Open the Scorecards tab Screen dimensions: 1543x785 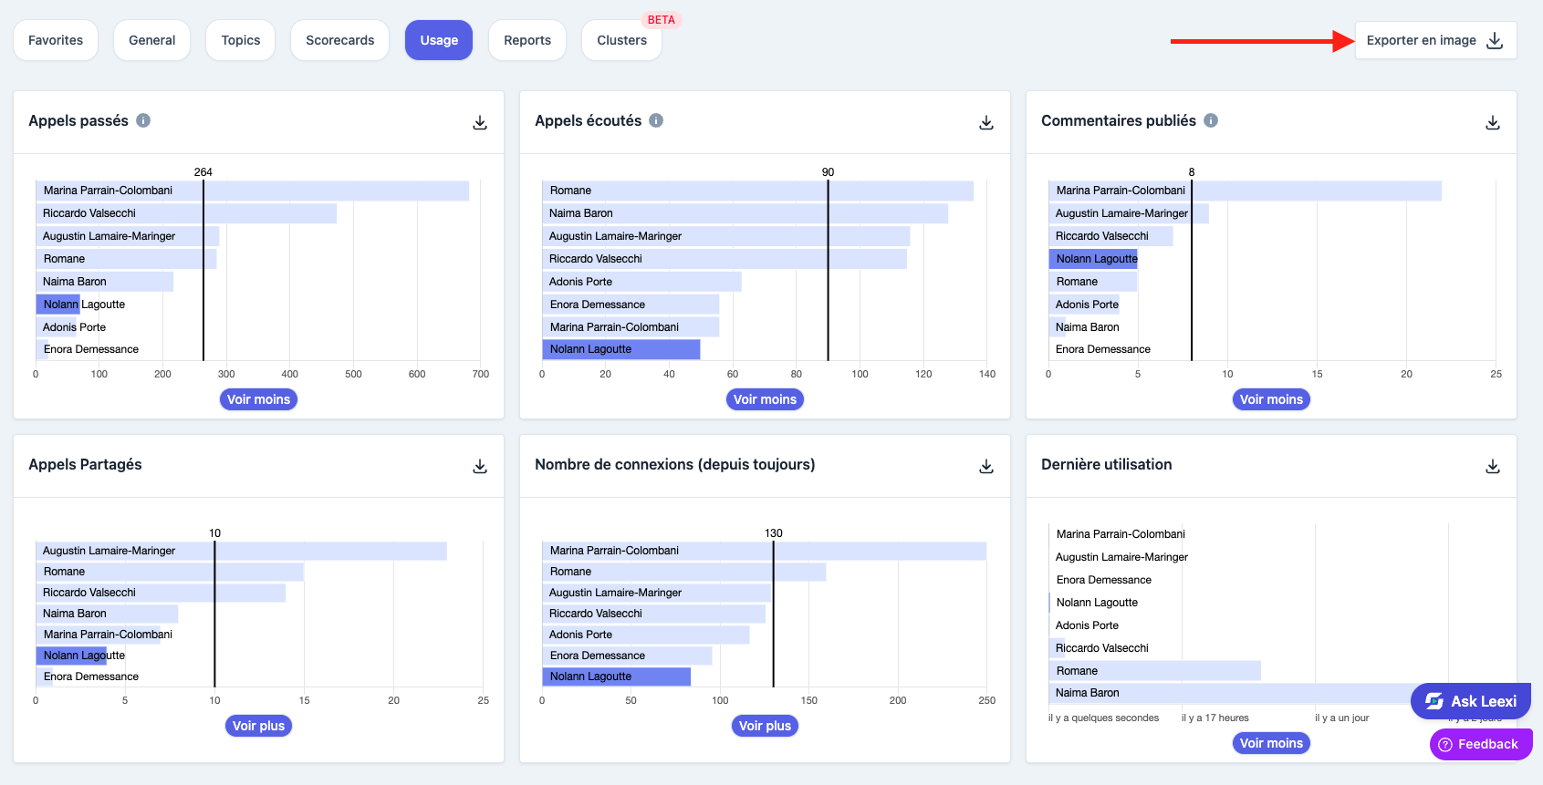pyautogui.click(x=339, y=40)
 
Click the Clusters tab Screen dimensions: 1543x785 pyautogui.click(x=621, y=40)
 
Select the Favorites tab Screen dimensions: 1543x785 pyautogui.click(x=55, y=40)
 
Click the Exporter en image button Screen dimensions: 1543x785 pyautogui.click(x=1435, y=40)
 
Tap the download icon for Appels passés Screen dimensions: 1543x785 pyautogui.click(x=480, y=122)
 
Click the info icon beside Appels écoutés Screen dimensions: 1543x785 pyautogui.click(x=656, y=120)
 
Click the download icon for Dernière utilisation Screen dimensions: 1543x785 pyautogui.click(x=1493, y=467)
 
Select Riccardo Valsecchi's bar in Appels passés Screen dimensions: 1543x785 pyautogui.click(x=186, y=213)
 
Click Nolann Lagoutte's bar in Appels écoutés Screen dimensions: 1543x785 pyautogui.click(x=620, y=349)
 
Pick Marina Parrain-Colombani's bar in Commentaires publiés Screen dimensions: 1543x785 pyautogui.click(x=1245, y=191)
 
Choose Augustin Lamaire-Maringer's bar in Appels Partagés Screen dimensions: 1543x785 pyautogui.click(x=241, y=551)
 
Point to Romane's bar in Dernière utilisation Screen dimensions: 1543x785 pyautogui.click(x=1154, y=671)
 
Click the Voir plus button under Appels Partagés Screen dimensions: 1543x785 pyautogui.click(x=258, y=726)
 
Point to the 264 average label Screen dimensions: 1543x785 pyautogui.click(x=203, y=172)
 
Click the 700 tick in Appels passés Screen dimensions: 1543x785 pyautogui.click(x=481, y=375)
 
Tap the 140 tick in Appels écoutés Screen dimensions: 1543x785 pyautogui.click(x=987, y=375)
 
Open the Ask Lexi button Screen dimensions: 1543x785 pyautogui.click(x=1471, y=701)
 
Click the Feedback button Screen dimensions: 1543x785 pyautogui.click(x=1481, y=744)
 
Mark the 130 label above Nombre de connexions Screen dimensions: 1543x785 pyautogui.click(x=774, y=533)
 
